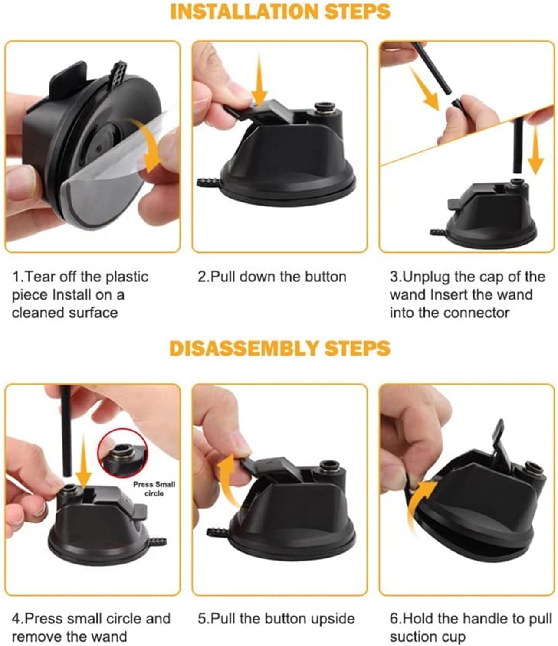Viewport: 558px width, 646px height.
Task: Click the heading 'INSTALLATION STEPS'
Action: [280, 12]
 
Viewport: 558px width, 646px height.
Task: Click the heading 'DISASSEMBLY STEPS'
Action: [279, 348]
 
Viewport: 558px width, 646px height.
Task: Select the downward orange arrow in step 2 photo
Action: [259, 81]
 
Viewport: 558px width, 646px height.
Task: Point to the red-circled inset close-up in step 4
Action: [122, 453]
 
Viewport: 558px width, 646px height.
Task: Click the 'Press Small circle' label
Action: [154, 489]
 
